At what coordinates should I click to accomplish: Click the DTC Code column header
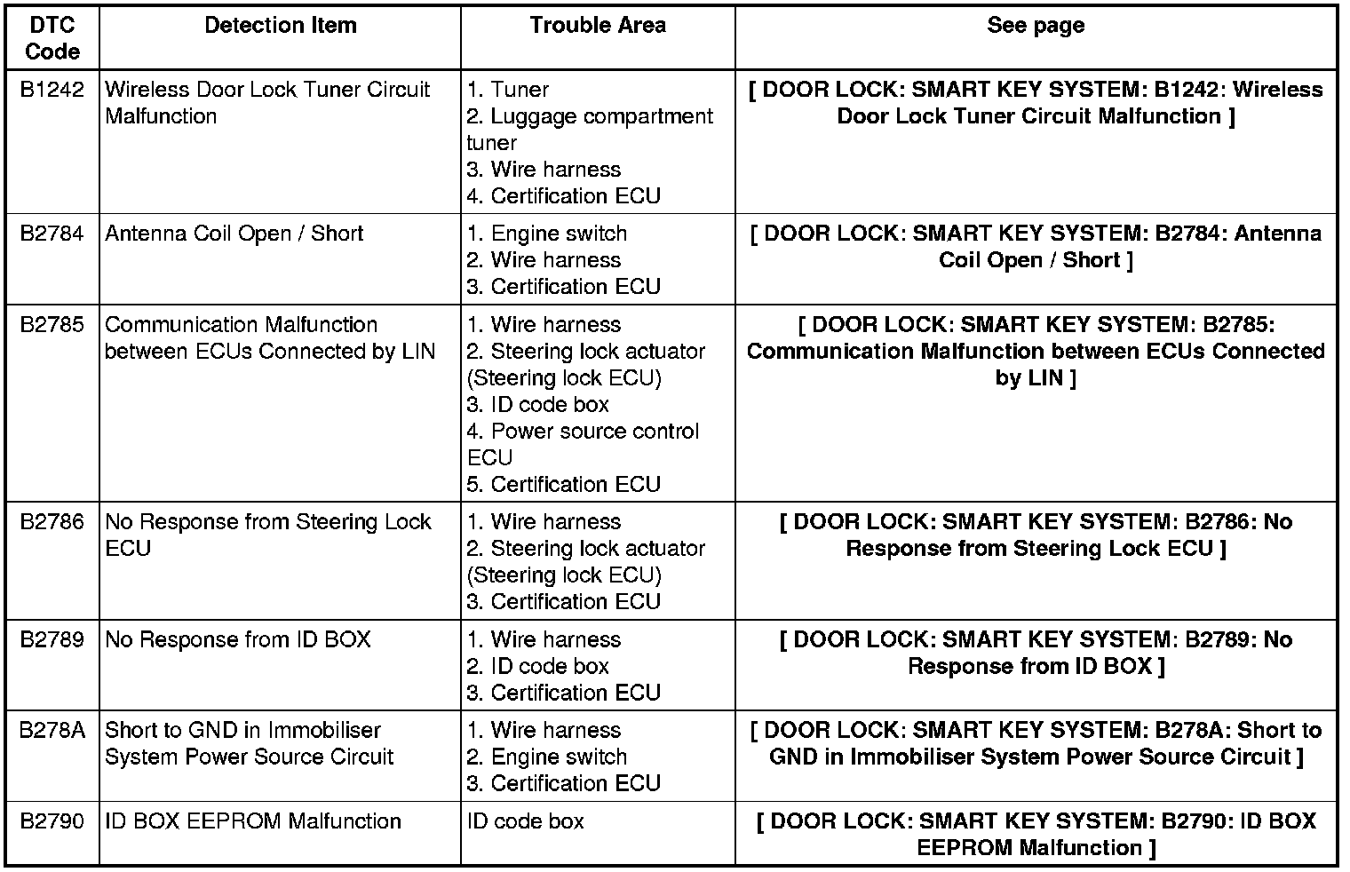52,38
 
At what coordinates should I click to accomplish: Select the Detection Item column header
280,26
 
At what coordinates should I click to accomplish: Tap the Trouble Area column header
598,26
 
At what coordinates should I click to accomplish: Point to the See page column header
1036,26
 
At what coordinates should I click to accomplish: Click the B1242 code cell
52,90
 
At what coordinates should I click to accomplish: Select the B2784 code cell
52,234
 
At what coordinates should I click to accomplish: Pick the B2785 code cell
52,325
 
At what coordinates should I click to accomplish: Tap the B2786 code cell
52,522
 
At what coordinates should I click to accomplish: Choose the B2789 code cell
52,640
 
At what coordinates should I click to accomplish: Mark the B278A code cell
52,731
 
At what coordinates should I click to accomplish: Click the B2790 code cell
52,821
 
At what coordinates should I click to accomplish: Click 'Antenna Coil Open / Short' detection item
234,234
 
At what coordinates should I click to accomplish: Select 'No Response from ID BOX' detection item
237,640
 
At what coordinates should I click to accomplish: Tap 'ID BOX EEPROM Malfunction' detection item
252,821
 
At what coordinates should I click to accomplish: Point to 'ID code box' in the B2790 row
526,821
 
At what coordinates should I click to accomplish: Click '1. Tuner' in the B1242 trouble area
508,90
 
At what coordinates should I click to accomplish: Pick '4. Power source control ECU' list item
583,444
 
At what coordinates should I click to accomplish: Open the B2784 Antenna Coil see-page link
1036,247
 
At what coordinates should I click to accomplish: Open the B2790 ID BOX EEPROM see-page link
1036,835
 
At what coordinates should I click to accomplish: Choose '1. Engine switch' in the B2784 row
547,234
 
